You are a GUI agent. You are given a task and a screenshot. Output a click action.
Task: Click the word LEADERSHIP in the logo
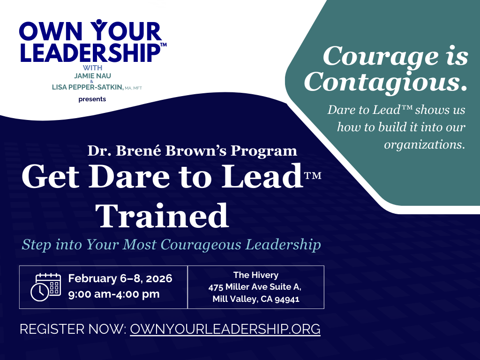(x=89, y=52)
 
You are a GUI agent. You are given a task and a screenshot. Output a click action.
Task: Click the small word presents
(x=92, y=99)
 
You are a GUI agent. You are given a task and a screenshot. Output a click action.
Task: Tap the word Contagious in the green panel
(x=385, y=82)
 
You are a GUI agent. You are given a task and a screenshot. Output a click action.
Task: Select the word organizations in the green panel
(x=424, y=145)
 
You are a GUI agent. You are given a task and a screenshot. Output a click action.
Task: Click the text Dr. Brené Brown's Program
(x=192, y=151)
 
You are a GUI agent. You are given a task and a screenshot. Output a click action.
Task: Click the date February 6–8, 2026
(x=120, y=278)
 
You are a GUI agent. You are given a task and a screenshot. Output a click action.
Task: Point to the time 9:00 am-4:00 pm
(x=114, y=294)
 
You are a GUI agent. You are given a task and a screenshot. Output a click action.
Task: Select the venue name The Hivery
(x=255, y=275)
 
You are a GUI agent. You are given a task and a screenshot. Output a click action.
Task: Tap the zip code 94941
(x=285, y=300)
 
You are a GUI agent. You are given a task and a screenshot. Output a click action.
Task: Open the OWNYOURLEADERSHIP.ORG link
(x=225, y=329)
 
